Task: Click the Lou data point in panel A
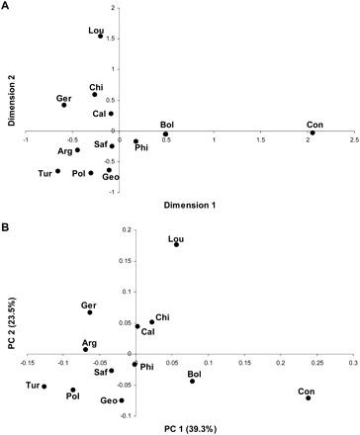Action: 100,37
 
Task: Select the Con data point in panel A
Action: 313,132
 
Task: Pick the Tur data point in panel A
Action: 58,171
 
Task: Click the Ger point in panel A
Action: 64,105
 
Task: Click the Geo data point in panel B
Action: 122,400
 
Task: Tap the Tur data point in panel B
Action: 45,387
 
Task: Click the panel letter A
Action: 6,6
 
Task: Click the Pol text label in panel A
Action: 78,173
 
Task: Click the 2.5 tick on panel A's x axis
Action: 353,141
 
